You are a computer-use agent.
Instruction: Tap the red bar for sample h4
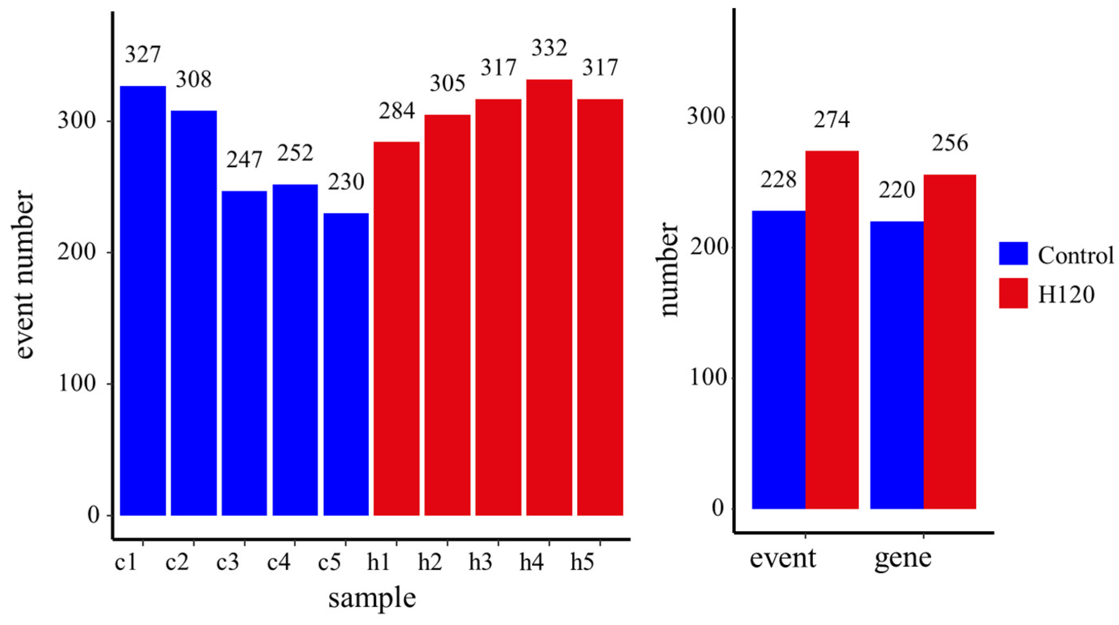click(x=549, y=297)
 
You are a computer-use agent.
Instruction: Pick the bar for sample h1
click(x=397, y=328)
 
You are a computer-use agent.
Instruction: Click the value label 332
click(x=549, y=48)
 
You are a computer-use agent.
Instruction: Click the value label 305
click(x=447, y=83)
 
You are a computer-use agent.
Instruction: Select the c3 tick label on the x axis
click(x=228, y=563)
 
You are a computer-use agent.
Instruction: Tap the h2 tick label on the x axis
click(x=430, y=563)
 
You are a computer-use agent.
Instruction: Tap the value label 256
click(x=950, y=143)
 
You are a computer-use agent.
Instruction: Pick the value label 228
click(x=778, y=179)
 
